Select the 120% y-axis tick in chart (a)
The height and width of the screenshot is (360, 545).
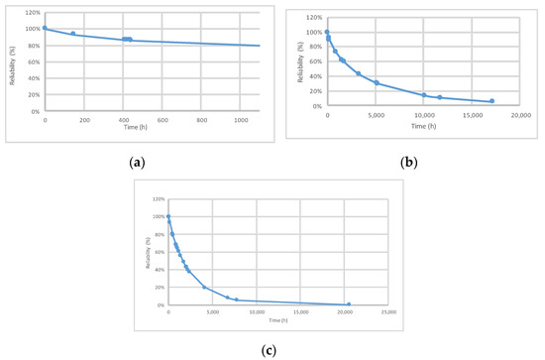pyautogui.click(x=32, y=13)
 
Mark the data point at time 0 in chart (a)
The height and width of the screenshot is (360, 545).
pyautogui.click(x=45, y=28)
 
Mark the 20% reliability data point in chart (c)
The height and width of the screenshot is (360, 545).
pyautogui.click(x=204, y=288)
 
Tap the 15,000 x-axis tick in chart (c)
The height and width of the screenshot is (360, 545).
pyautogui.click(x=301, y=312)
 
